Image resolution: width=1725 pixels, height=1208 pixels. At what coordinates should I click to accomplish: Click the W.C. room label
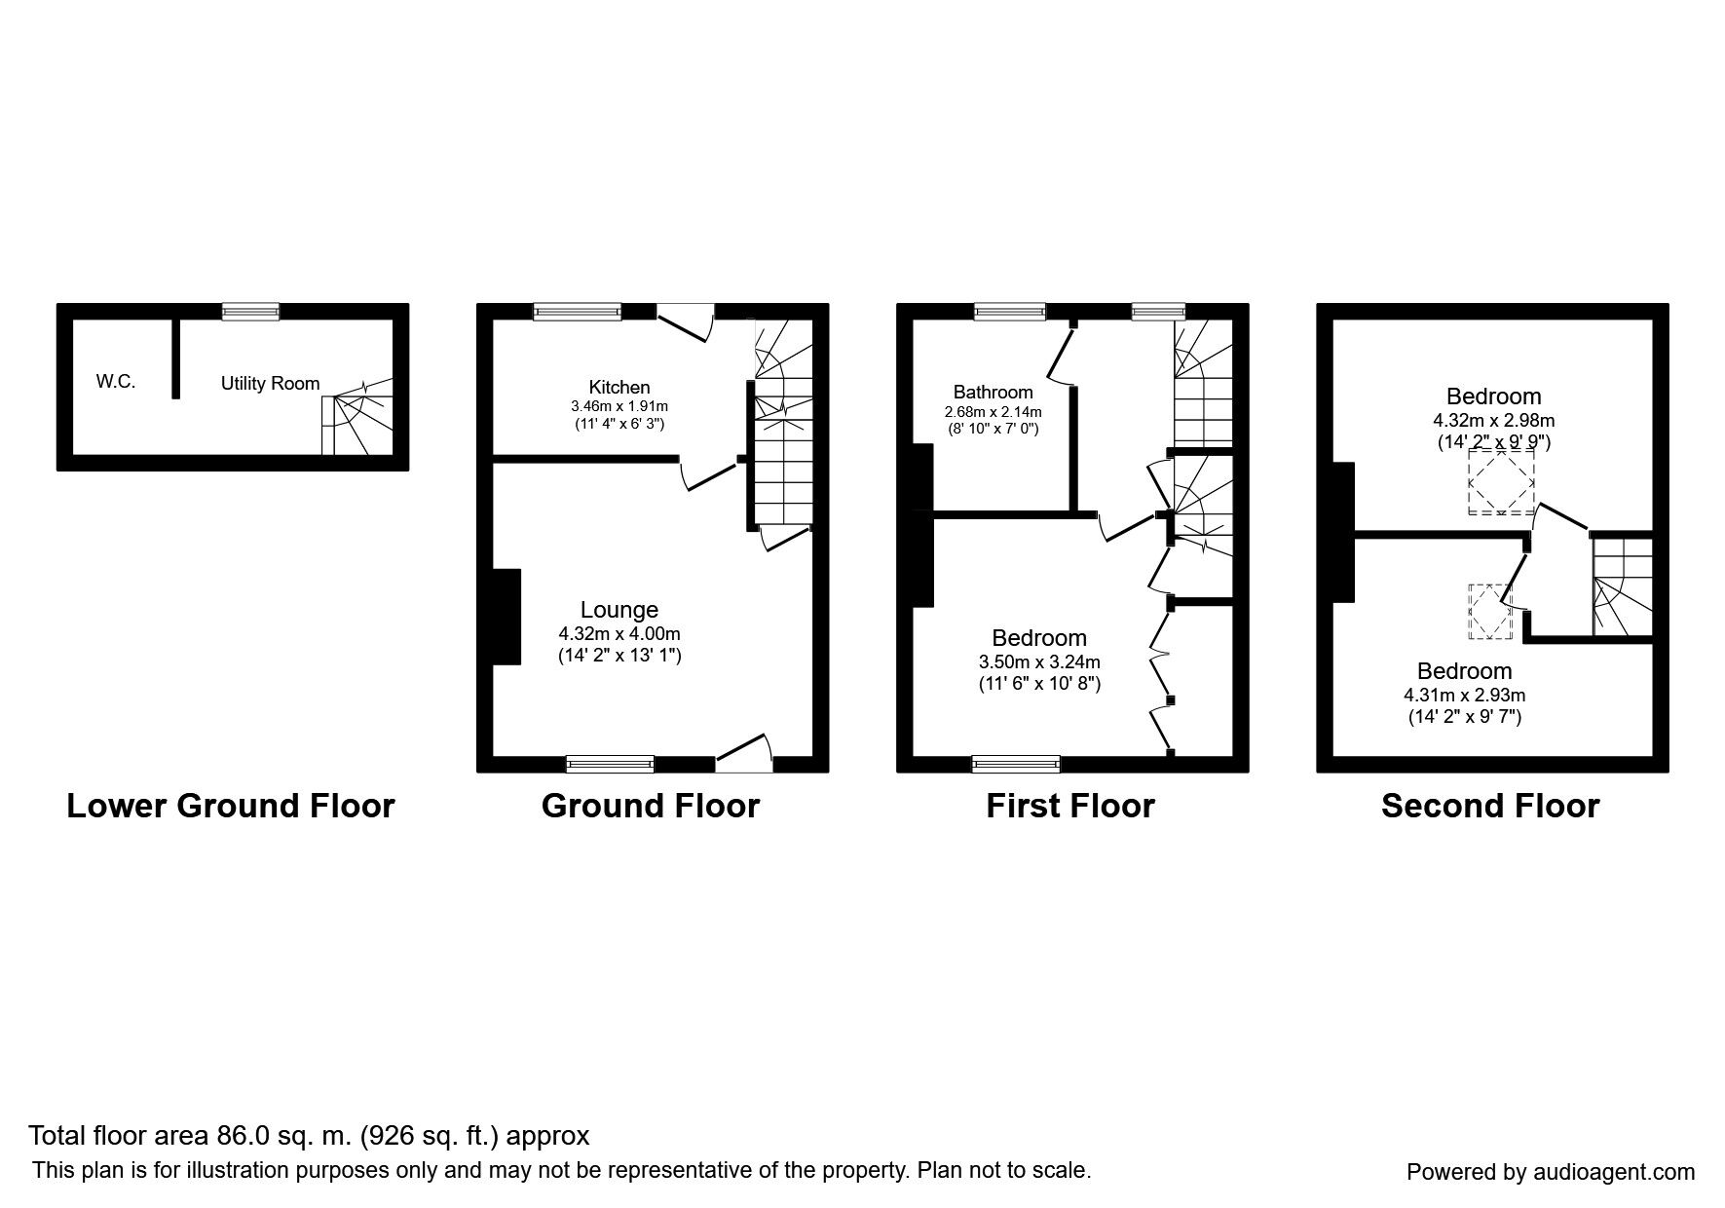point(115,382)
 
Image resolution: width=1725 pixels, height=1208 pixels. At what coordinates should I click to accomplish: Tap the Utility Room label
point(270,384)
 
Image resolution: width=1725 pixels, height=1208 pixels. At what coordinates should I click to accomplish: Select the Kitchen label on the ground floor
point(619,388)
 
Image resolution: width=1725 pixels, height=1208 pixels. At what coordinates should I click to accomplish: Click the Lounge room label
point(619,610)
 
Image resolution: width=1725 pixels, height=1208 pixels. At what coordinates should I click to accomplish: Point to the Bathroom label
point(993,393)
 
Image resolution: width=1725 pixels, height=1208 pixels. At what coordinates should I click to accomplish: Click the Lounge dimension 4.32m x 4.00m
point(619,634)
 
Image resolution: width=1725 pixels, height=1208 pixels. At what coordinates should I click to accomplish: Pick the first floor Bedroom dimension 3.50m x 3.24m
point(1039,662)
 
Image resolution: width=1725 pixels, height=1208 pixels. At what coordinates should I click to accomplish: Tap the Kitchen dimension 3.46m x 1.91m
point(619,406)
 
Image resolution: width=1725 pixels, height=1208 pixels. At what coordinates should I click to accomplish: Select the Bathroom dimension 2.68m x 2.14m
point(993,411)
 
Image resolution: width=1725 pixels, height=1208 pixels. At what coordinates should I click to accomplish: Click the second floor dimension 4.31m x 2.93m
point(1464,696)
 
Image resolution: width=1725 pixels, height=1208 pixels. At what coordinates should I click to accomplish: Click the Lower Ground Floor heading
point(231,807)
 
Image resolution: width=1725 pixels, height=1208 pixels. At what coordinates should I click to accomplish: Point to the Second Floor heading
point(1490,807)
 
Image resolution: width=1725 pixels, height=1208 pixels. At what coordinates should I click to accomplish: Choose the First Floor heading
point(1070,807)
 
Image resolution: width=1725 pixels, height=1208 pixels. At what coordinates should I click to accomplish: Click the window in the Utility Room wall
point(250,312)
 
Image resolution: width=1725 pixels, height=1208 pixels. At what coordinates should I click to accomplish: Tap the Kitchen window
point(577,312)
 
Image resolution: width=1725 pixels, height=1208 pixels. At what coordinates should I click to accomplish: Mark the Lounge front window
point(611,764)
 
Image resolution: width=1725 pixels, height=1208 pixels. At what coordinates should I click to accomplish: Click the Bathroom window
point(1010,312)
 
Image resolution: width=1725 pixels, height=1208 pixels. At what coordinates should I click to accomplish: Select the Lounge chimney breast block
point(506,617)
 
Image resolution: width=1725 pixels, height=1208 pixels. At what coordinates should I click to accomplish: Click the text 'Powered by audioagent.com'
point(1551,1173)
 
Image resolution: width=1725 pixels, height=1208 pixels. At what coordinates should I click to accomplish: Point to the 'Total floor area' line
point(309,1136)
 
